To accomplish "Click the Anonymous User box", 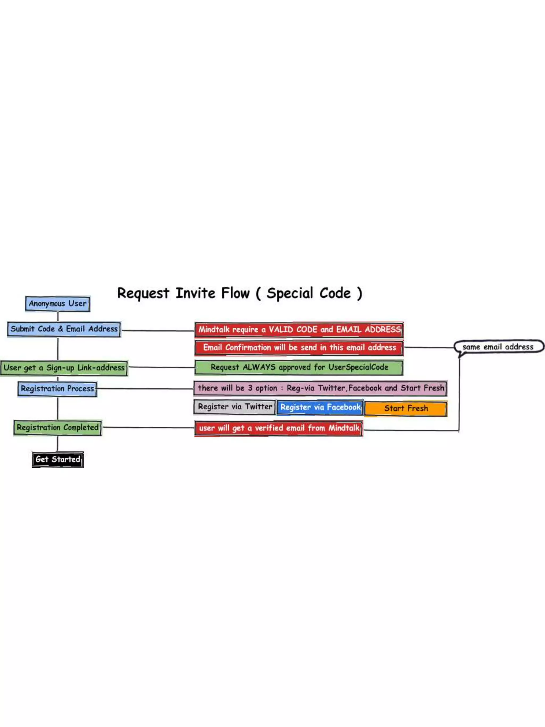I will (x=57, y=304).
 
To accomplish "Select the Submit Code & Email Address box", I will (x=64, y=329).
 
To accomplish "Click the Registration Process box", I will (x=57, y=389).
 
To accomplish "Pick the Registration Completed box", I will (x=57, y=428).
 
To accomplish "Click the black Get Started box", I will (x=58, y=459).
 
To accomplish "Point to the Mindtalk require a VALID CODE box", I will (x=299, y=330).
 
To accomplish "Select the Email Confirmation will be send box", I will (x=299, y=348).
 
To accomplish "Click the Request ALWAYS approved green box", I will (x=299, y=367).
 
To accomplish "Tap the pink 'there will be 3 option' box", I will (x=320, y=388).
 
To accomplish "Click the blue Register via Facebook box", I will (x=320, y=408).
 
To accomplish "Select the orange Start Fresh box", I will (x=406, y=409).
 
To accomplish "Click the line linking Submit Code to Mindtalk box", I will (x=158, y=331).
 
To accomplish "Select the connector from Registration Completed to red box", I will (x=148, y=428).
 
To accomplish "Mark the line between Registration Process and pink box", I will (x=144, y=389).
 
